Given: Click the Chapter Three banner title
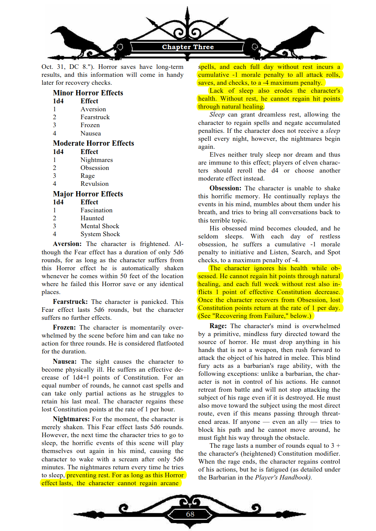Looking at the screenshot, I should pos(188,47).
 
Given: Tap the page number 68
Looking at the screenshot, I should pos(190,514).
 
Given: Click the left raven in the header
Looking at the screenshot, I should pos(76,39).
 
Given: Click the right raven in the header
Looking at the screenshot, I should pos(302,39).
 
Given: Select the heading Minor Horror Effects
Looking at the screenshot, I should pos(88,93).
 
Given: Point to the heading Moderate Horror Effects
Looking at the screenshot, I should pos(93,143).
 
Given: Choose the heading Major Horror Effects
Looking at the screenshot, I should pos(88,194).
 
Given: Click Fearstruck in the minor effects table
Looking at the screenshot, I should pos(95,117).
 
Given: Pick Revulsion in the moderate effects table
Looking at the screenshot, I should pos(94,184).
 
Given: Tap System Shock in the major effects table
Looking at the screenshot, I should pos(100,234).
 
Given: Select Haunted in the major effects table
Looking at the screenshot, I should pos(92,218).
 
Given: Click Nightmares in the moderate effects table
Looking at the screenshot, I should pos(97,160).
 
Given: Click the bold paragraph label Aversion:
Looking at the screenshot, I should pos(67,244).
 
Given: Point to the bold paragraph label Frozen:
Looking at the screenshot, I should pos(64,327).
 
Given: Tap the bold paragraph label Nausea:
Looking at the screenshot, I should pos(64,361).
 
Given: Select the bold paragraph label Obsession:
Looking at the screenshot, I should pos(225,188).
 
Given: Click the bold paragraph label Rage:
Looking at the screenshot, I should pos(218,326).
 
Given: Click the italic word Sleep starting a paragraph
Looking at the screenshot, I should pos(217,114).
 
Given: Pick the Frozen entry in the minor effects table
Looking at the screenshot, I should pos(90,125).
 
